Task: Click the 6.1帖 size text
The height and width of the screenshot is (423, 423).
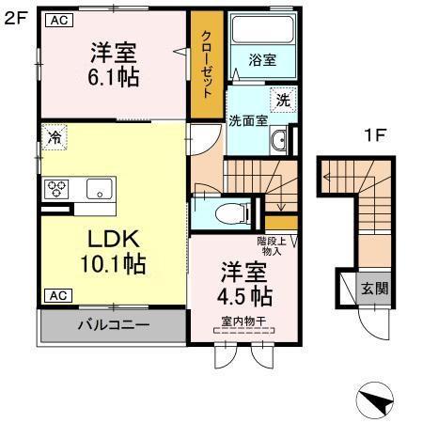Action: pos(115,77)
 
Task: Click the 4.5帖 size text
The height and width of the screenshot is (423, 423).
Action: pos(248,295)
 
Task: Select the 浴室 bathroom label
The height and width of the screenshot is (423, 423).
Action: pos(261,59)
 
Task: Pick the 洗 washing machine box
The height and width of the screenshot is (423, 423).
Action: pos(282,97)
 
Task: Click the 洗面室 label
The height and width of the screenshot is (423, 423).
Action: pos(247,120)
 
